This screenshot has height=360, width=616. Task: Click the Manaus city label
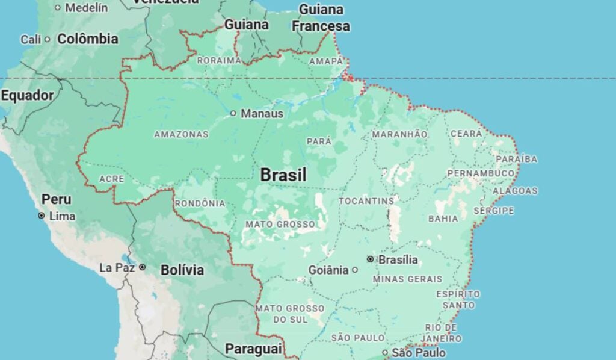[x=262, y=113]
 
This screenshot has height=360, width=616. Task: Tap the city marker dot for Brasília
[x=371, y=259]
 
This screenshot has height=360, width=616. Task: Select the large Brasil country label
[x=283, y=175]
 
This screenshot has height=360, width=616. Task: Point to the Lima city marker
[x=41, y=216]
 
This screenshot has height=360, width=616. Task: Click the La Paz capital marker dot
[x=142, y=267]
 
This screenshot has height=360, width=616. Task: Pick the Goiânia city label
[x=328, y=270]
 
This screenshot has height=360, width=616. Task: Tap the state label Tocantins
[x=366, y=200]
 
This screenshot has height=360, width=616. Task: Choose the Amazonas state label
[x=181, y=134]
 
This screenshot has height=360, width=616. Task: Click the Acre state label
[x=111, y=179]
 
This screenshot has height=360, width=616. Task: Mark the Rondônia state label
[x=200, y=203]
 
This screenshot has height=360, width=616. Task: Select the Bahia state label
[x=443, y=219]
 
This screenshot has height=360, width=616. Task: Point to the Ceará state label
[x=466, y=134]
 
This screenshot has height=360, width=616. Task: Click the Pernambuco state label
[x=481, y=173]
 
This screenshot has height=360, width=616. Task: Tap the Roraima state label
[x=219, y=60]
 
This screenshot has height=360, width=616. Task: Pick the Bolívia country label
[x=182, y=270]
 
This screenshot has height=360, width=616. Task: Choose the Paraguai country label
[x=253, y=349]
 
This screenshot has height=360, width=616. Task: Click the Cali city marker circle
[x=47, y=40]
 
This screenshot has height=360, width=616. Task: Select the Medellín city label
[x=86, y=8]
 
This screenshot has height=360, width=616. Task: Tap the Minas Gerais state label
[x=407, y=279]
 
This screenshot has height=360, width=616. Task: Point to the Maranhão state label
[x=399, y=134]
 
